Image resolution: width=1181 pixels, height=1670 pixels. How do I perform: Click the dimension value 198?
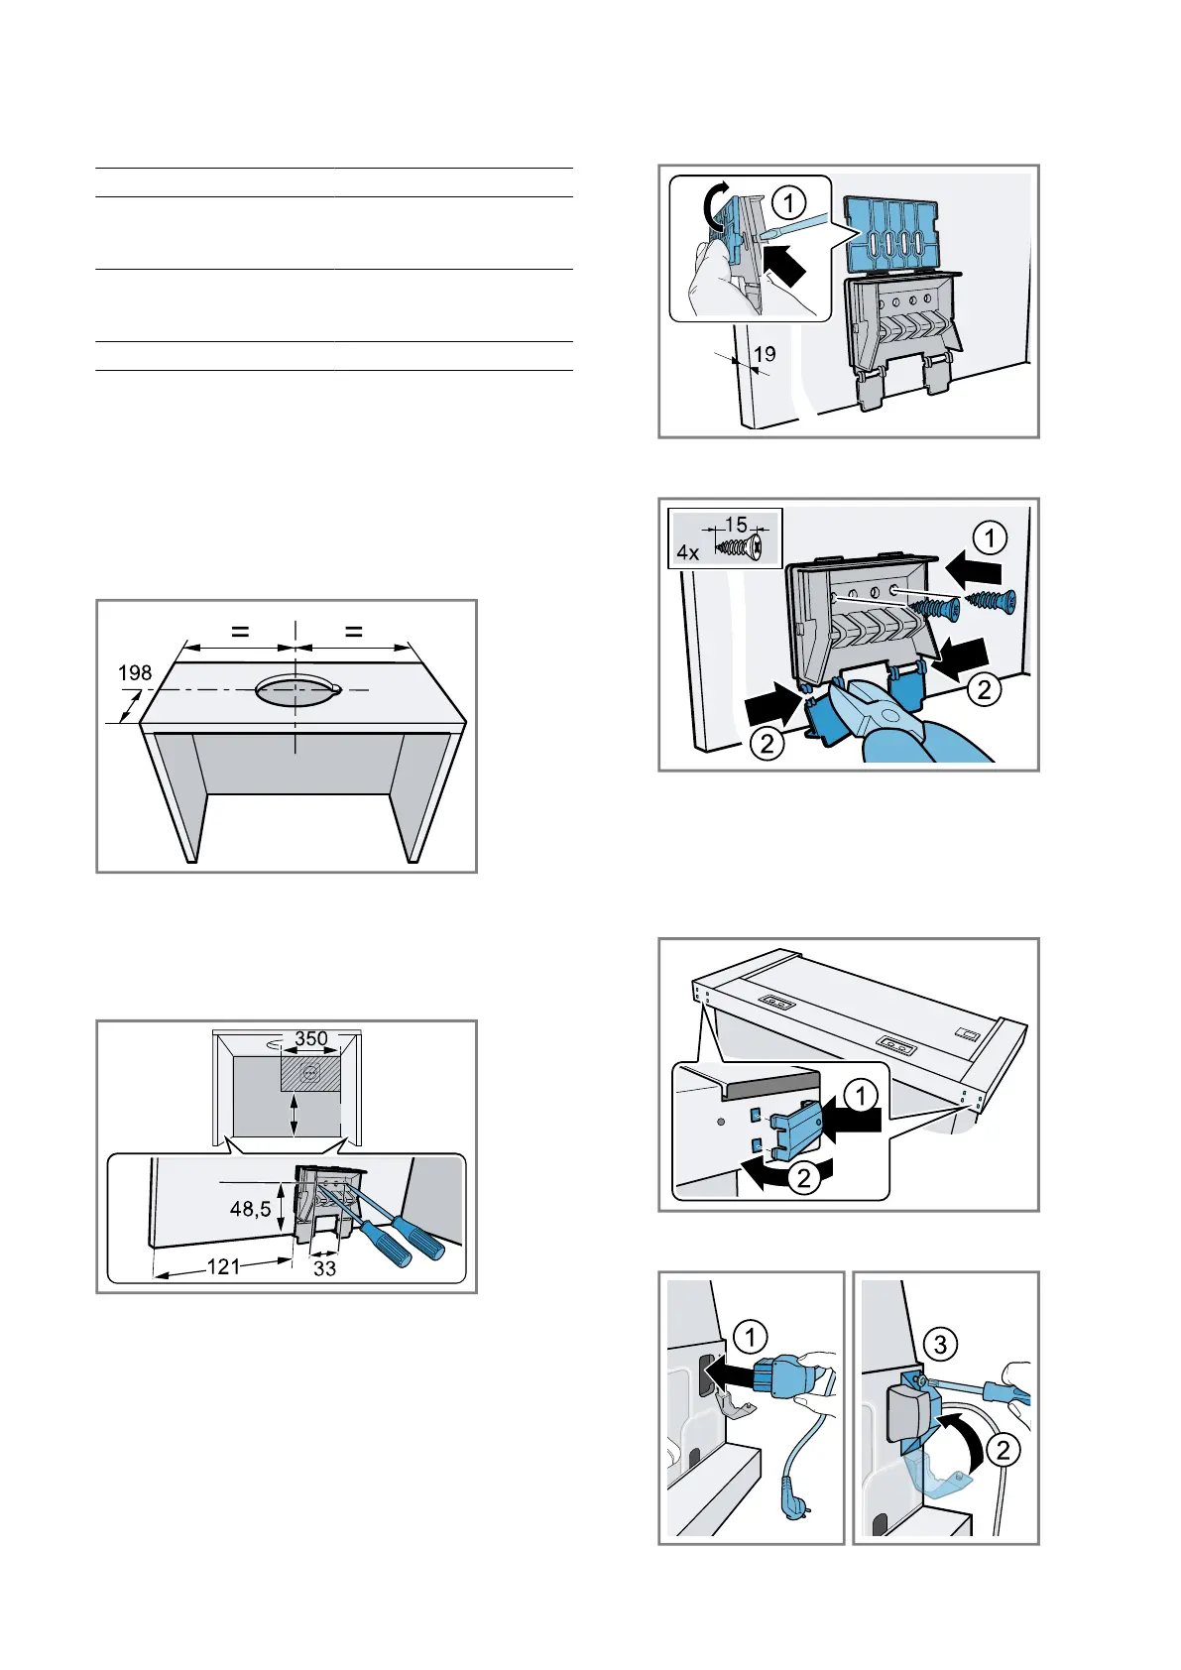click(135, 673)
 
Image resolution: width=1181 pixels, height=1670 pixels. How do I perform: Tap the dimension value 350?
click(311, 1038)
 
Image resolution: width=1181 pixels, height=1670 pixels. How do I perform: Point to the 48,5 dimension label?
click(250, 1209)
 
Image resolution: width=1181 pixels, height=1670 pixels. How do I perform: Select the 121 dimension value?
click(223, 1266)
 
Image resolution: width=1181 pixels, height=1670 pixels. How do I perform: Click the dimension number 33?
click(324, 1268)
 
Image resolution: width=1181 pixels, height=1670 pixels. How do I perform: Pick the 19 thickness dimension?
click(765, 354)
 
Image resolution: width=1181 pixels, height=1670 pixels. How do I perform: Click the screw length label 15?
click(736, 526)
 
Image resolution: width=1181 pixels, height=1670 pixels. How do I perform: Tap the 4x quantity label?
click(688, 552)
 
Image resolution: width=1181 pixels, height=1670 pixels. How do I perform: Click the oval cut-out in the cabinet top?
click(295, 689)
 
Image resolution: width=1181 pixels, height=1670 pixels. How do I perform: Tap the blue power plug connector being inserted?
click(778, 1376)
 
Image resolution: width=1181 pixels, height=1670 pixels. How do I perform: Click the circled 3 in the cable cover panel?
click(940, 1344)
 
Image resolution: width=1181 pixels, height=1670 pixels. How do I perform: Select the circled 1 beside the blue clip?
click(861, 1096)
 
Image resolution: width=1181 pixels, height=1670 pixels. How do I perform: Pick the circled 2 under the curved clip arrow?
click(804, 1177)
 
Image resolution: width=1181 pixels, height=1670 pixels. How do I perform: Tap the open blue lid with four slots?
click(892, 232)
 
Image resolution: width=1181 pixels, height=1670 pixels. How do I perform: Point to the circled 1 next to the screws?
click(990, 538)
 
